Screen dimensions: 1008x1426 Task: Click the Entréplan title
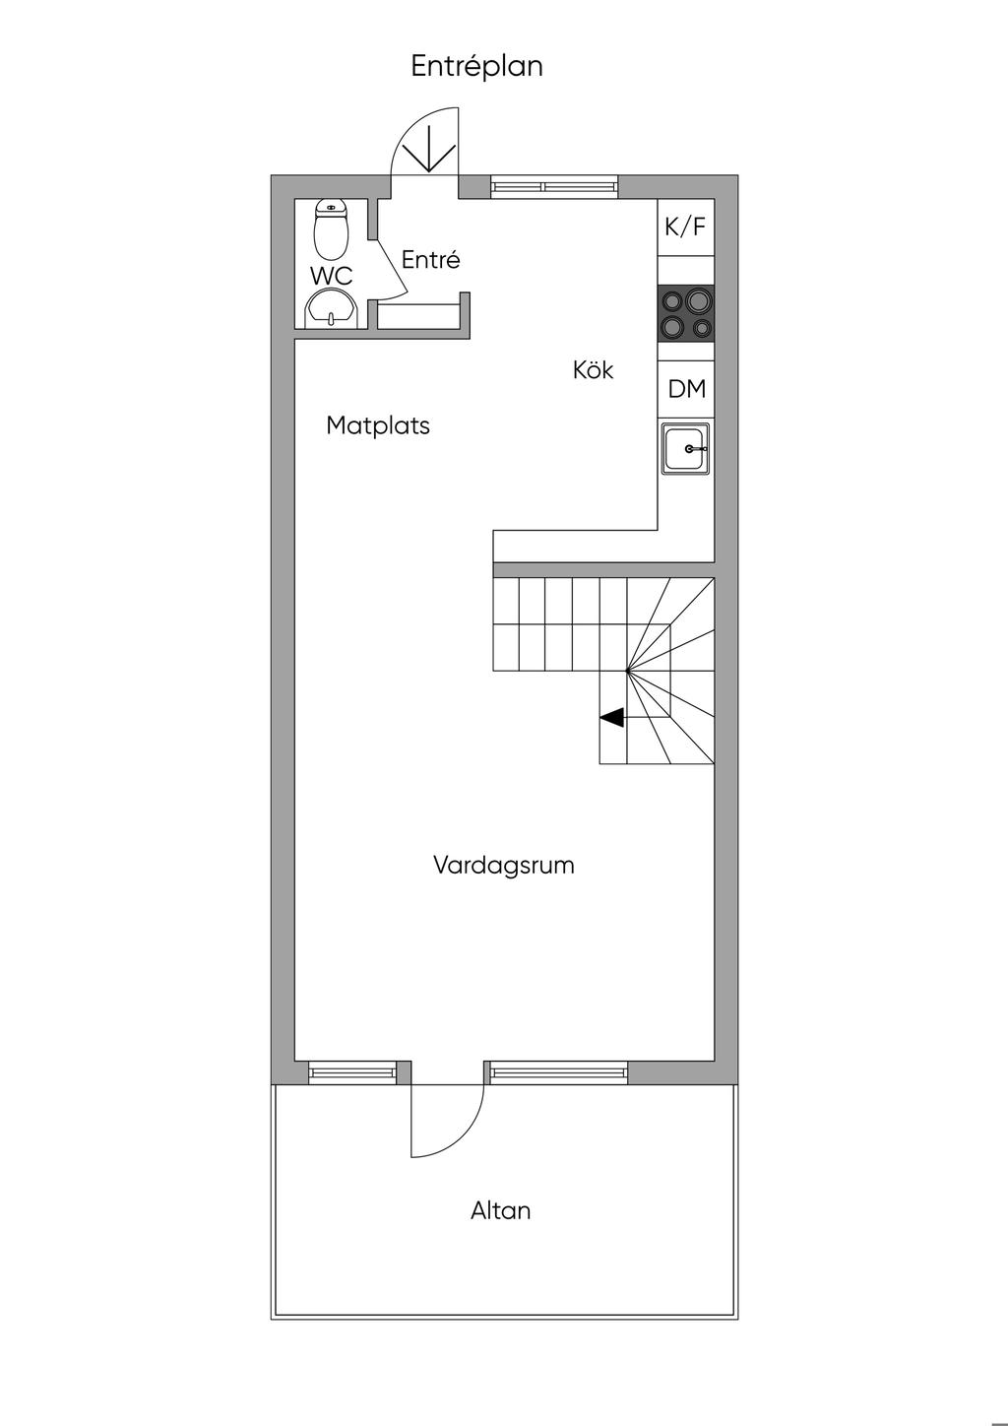pyautogui.click(x=476, y=67)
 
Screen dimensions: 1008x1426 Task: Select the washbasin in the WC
pyautogui.click(x=332, y=309)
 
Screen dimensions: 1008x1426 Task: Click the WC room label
pyautogui.click(x=331, y=277)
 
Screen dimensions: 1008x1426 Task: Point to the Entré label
pyautogui.click(x=431, y=259)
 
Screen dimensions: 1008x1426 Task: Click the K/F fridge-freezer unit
pyautogui.click(x=686, y=227)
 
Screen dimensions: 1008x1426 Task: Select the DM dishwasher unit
pyautogui.click(x=686, y=389)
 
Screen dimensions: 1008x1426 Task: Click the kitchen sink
pyautogui.click(x=686, y=449)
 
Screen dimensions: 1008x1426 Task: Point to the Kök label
pyautogui.click(x=594, y=370)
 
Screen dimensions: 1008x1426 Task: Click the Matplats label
pyautogui.click(x=378, y=425)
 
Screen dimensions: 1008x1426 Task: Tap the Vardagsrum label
pyautogui.click(x=504, y=865)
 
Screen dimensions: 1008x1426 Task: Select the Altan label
pyautogui.click(x=501, y=1210)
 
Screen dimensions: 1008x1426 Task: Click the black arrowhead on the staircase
pyautogui.click(x=611, y=718)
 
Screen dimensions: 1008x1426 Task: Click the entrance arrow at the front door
pyautogui.click(x=430, y=150)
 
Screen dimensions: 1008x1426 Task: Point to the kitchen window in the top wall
pyautogui.click(x=554, y=186)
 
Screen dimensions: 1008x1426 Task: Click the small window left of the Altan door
pyautogui.click(x=352, y=1072)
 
